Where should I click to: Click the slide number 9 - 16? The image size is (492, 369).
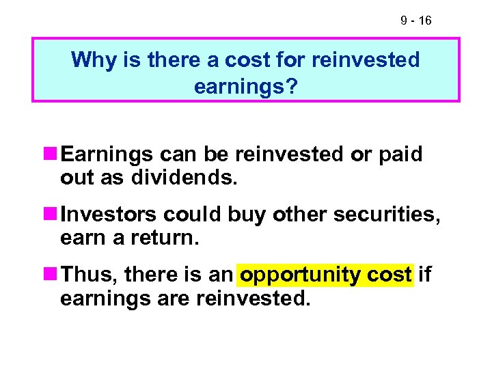(x=415, y=21)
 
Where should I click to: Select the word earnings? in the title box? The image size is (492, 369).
(x=246, y=87)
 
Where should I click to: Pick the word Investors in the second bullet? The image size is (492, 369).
(x=109, y=215)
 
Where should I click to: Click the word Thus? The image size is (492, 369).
(x=85, y=275)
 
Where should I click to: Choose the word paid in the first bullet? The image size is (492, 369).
(x=400, y=155)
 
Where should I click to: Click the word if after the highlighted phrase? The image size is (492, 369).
(x=424, y=275)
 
